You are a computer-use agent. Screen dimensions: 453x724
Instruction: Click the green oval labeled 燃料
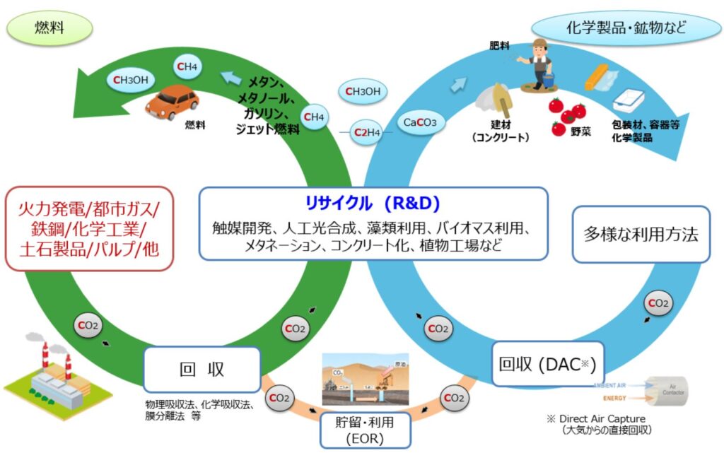[49, 28]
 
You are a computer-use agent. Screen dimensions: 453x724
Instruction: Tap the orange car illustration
[171, 101]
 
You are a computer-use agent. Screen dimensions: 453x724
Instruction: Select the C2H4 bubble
[367, 132]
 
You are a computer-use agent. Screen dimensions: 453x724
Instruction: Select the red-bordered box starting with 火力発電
[89, 228]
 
